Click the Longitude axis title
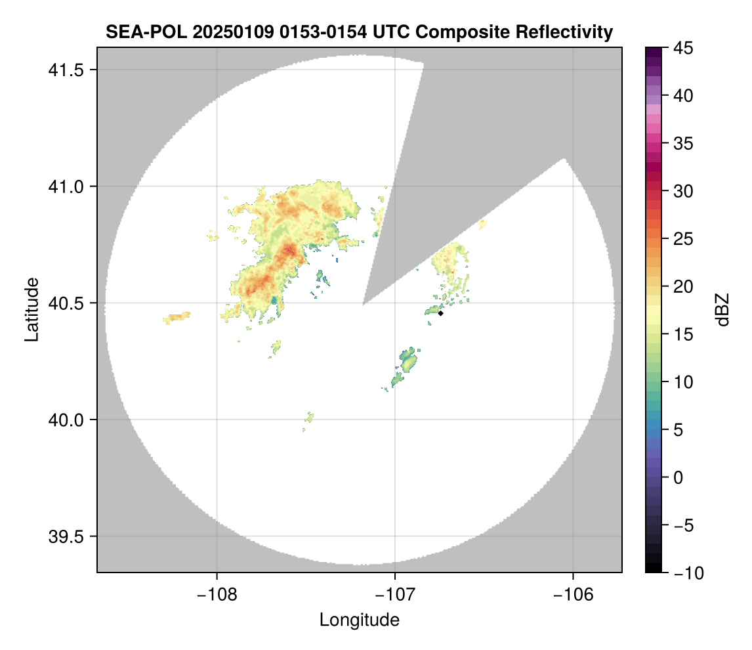click(359, 619)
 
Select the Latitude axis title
click(31, 309)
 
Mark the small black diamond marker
click(441, 313)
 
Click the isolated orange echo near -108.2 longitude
click(176, 318)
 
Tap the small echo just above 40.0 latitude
click(309, 418)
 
